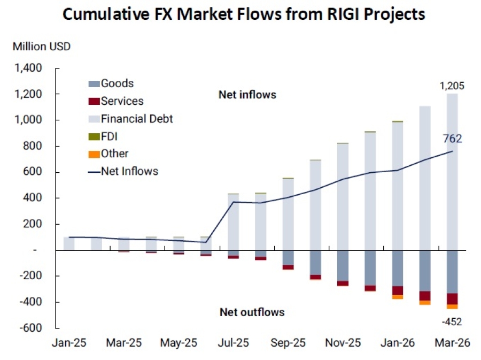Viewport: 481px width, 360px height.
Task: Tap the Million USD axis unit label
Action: (x=42, y=47)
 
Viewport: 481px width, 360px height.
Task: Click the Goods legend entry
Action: (x=117, y=83)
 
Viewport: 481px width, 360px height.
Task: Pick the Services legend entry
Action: (x=122, y=101)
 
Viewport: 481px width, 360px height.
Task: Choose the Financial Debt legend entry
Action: (x=137, y=118)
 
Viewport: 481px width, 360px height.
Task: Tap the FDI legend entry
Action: (x=110, y=136)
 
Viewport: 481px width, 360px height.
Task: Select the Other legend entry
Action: (x=114, y=154)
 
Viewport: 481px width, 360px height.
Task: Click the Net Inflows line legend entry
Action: (x=129, y=171)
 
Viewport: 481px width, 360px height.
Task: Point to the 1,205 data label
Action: (x=452, y=86)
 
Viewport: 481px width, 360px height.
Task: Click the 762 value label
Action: (x=452, y=139)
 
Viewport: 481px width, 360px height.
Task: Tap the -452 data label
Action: (x=452, y=321)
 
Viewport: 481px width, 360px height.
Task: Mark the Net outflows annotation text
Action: (x=252, y=312)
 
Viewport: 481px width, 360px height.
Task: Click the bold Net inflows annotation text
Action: (x=247, y=95)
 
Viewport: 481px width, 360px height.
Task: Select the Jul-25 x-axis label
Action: (x=234, y=343)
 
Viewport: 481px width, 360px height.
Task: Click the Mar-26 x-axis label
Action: (x=452, y=343)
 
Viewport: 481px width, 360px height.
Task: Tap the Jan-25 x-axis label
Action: (x=69, y=343)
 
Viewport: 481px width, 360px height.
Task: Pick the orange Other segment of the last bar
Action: (x=452, y=307)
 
